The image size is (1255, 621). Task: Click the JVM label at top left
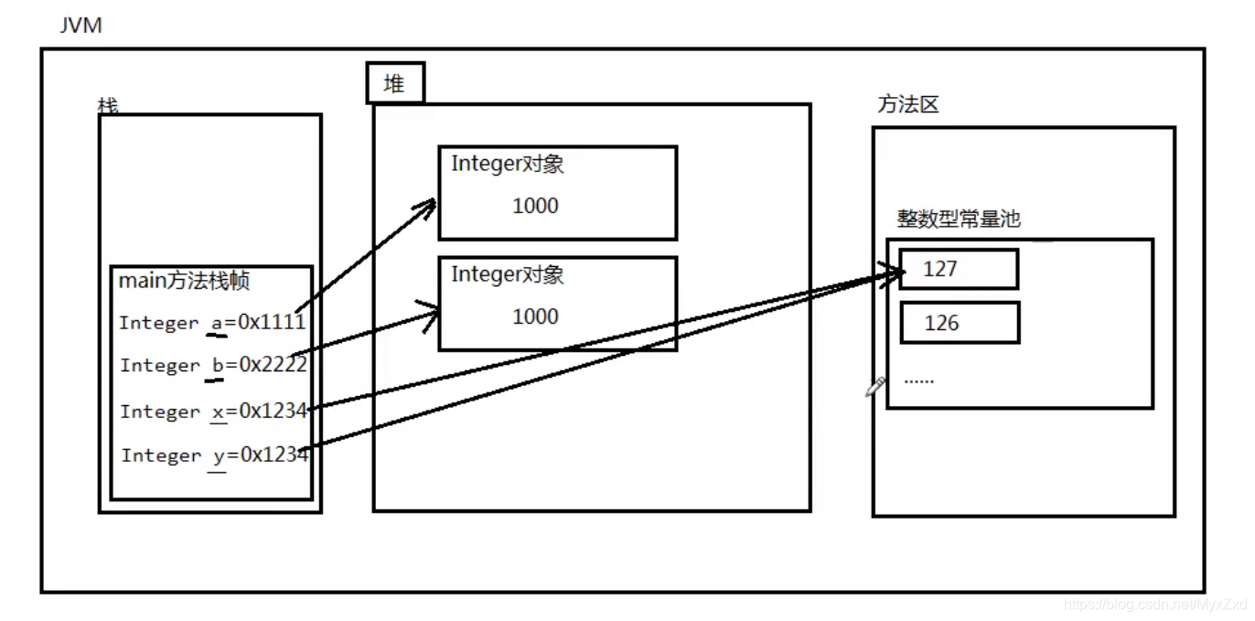coord(80,25)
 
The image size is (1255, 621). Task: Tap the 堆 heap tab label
coord(394,85)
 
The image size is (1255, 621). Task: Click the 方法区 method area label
coord(908,104)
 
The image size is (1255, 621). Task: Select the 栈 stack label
coord(108,106)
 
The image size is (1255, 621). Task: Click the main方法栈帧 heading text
coord(184,281)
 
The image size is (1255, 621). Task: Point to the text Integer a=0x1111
coord(211,322)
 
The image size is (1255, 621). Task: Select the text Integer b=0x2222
coord(212,365)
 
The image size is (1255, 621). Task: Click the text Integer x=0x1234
coord(213,412)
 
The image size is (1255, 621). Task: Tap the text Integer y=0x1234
coord(214,455)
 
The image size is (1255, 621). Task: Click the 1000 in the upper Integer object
coord(535,206)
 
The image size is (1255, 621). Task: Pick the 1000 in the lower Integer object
coord(535,316)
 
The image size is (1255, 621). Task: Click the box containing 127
coord(959,269)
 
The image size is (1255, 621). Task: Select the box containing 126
coord(959,323)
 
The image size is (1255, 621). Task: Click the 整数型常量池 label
coord(958,219)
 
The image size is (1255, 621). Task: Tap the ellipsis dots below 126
coord(918,380)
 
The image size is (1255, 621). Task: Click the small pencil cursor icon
coord(875,387)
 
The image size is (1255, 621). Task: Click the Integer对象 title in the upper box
coord(507,165)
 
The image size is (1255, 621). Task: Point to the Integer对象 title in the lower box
coord(507,274)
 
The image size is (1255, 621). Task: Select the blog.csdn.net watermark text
coord(1156,605)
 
